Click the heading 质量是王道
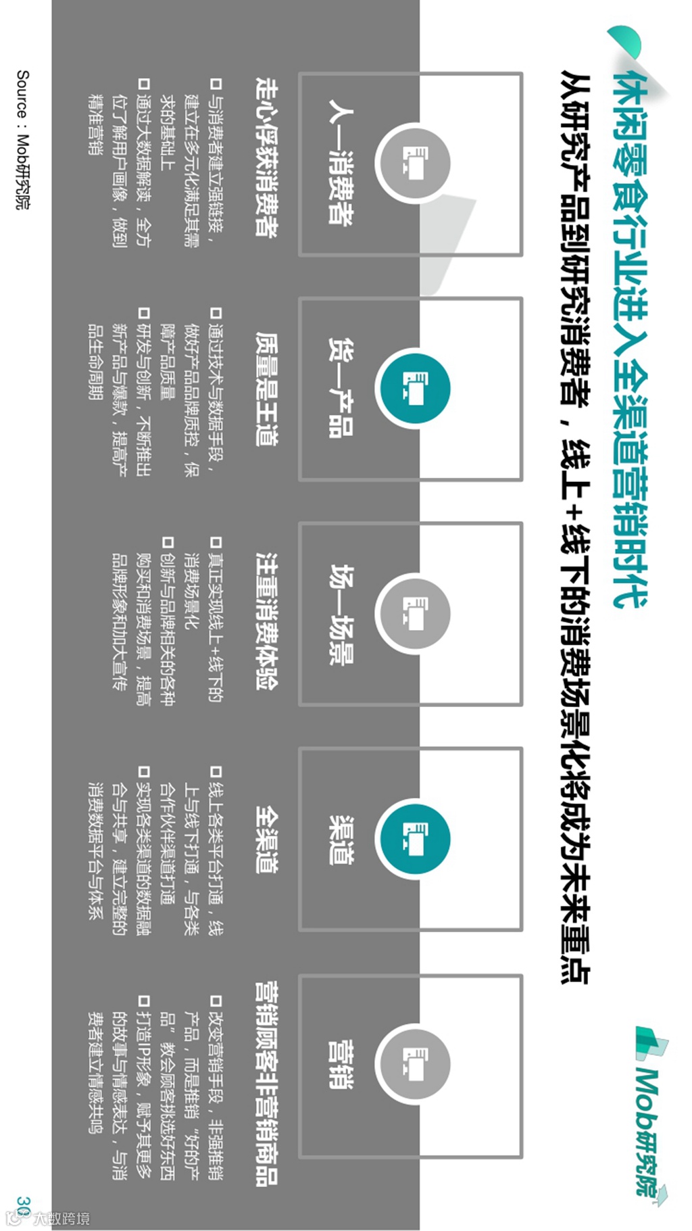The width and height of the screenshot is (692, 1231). tap(266, 388)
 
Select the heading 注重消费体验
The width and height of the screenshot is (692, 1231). tap(266, 619)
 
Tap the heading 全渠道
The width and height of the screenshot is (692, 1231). tap(266, 839)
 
